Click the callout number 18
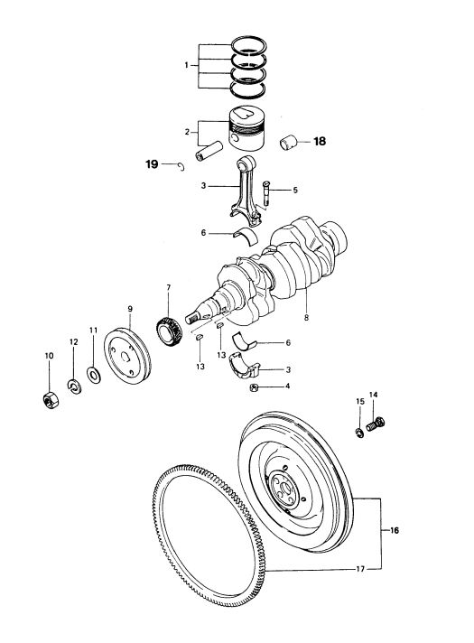point(320,142)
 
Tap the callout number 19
point(152,164)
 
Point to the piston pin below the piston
point(209,151)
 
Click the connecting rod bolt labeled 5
point(267,193)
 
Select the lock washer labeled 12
point(74,386)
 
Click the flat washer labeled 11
point(94,375)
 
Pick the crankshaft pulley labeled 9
point(126,355)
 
